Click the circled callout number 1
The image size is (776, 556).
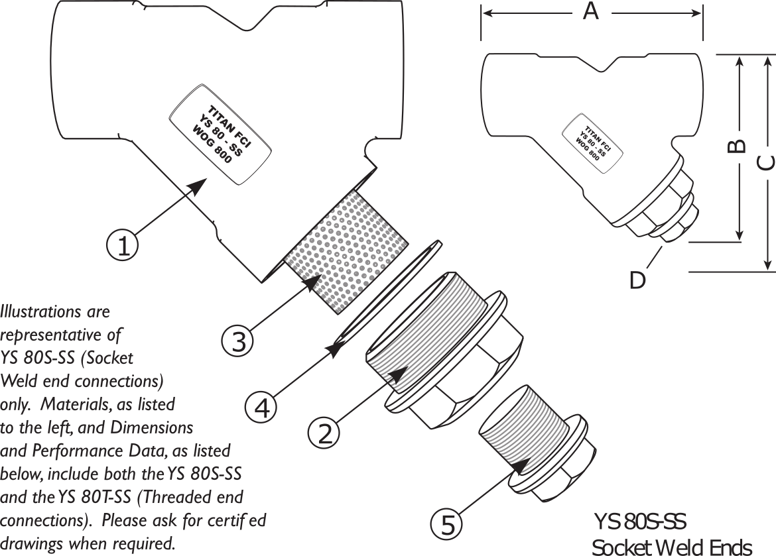coord(123,245)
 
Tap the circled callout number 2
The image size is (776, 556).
coord(324,434)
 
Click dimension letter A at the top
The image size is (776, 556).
coord(591,11)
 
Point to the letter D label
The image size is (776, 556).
coord(638,280)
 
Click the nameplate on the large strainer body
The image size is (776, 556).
coord(220,135)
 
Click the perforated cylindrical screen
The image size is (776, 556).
coord(346,252)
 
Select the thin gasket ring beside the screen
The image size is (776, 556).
coord(389,296)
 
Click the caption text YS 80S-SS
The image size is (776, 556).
coord(640,522)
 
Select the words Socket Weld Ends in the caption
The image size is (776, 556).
coord(672,547)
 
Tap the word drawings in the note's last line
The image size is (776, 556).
coord(32,544)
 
